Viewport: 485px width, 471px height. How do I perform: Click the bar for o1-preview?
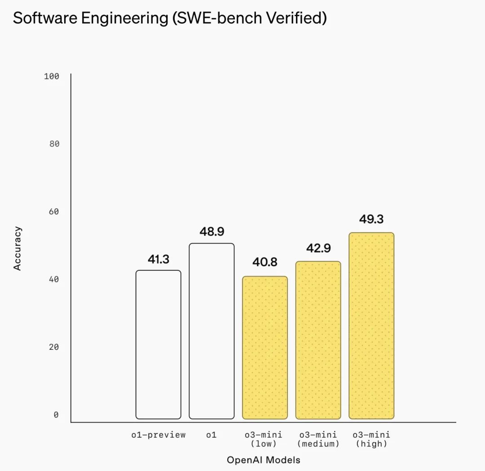tap(159, 345)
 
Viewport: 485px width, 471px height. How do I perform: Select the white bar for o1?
tap(212, 331)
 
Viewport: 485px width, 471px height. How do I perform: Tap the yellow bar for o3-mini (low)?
tap(265, 348)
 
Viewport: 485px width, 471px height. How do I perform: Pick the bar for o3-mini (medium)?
tap(318, 340)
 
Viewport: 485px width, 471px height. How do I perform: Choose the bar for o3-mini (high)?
tap(371, 326)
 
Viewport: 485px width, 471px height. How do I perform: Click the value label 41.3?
tap(159, 259)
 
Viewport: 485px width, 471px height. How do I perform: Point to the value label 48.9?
tap(212, 232)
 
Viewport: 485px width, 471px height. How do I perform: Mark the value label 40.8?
tap(265, 262)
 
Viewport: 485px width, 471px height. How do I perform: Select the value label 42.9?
tap(318, 248)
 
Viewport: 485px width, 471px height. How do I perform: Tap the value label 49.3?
tap(371, 219)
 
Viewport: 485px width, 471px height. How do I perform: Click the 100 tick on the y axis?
tap(52, 76)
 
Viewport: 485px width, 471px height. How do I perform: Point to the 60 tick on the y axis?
tap(54, 212)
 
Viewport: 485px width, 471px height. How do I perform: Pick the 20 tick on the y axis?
tap(54, 347)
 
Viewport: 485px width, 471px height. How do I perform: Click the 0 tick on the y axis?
tap(56, 415)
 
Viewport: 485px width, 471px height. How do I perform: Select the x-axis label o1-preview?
tap(159, 435)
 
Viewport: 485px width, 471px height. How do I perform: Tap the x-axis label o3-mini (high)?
tap(371, 439)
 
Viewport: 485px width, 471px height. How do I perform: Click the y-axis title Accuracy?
tap(18, 248)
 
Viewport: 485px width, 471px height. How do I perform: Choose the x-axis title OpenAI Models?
tap(264, 460)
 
